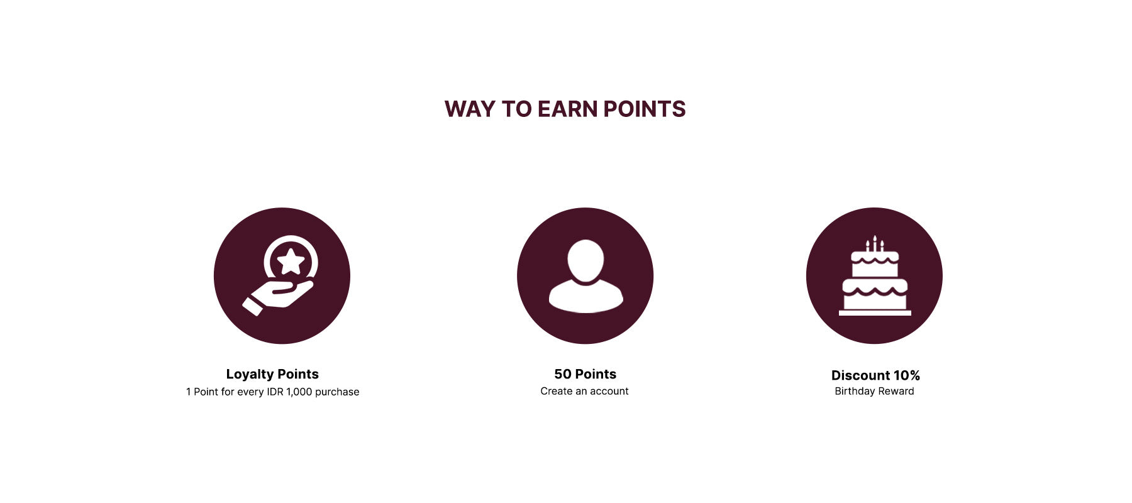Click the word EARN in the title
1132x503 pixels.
pos(567,109)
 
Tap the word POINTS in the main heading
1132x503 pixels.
pos(645,109)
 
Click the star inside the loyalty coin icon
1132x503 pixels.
pos(291,261)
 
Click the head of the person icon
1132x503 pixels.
pos(585,260)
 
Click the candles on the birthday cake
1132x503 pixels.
pos(875,243)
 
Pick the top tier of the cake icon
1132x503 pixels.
pos(875,264)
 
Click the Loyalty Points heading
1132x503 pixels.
pos(272,374)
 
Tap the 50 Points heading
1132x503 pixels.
pos(585,374)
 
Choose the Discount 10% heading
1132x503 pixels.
pos(875,375)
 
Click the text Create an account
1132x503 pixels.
pos(584,391)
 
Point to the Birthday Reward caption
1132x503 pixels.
pos(874,391)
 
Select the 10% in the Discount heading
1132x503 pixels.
pos(907,375)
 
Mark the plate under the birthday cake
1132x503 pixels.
pos(875,313)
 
